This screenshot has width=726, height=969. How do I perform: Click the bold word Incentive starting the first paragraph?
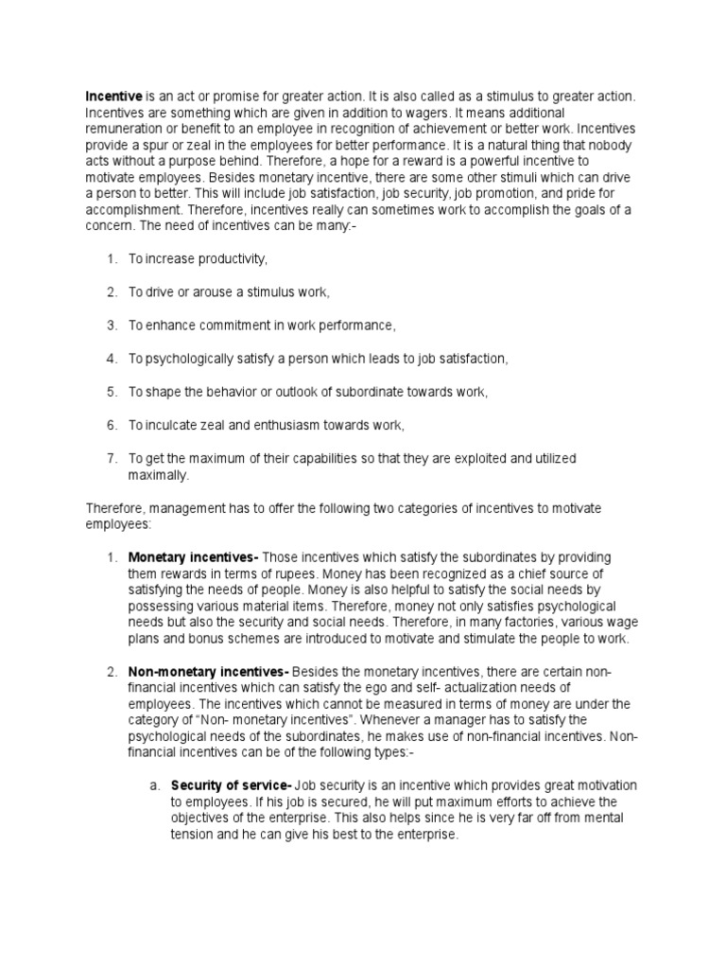coord(114,96)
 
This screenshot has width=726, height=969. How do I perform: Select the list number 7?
coord(111,458)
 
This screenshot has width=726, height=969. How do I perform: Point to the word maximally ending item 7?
coord(159,474)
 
